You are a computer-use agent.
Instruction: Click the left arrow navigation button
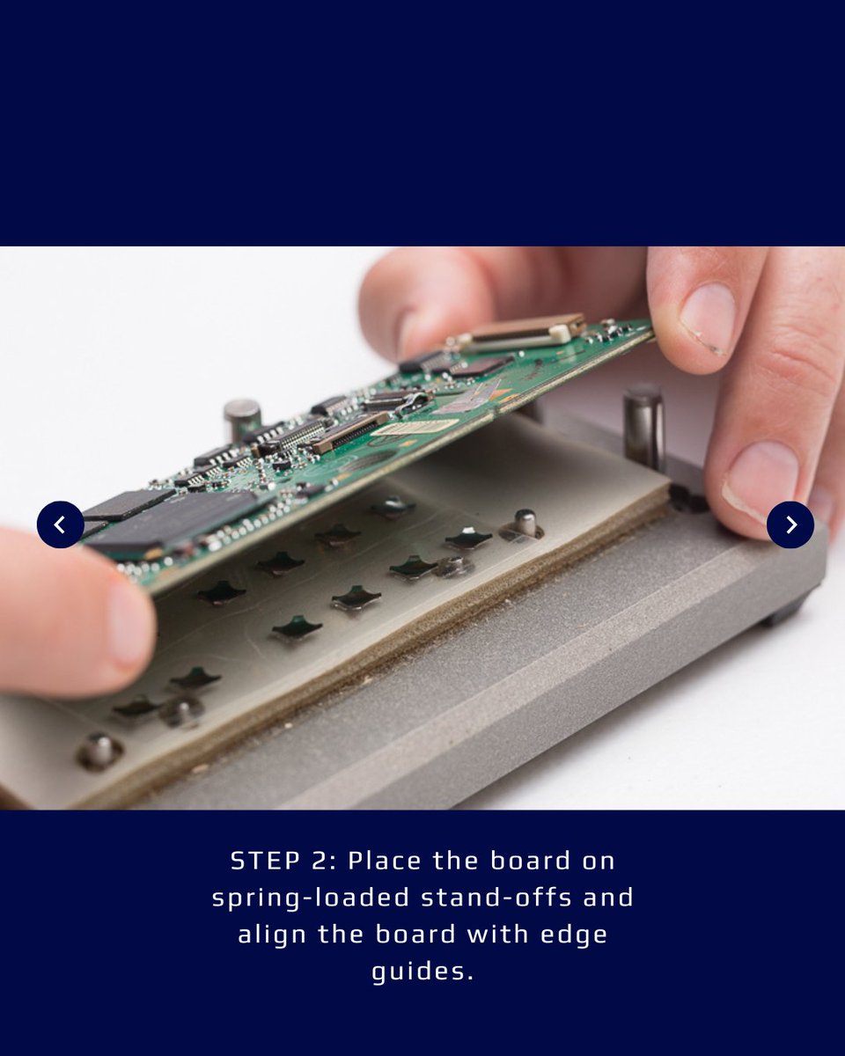tap(61, 524)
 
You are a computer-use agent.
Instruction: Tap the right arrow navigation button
tap(790, 524)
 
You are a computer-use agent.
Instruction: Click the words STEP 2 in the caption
tap(283, 862)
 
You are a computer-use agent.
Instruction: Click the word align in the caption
tap(273, 935)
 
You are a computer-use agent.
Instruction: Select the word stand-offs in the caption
tap(496, 898)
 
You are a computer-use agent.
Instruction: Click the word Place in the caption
tap(385, 862)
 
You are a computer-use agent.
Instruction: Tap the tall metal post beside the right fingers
tap(643, 428)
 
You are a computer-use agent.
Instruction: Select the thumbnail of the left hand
tap(129, 624)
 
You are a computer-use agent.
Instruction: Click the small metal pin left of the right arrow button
tap(524, 524)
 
